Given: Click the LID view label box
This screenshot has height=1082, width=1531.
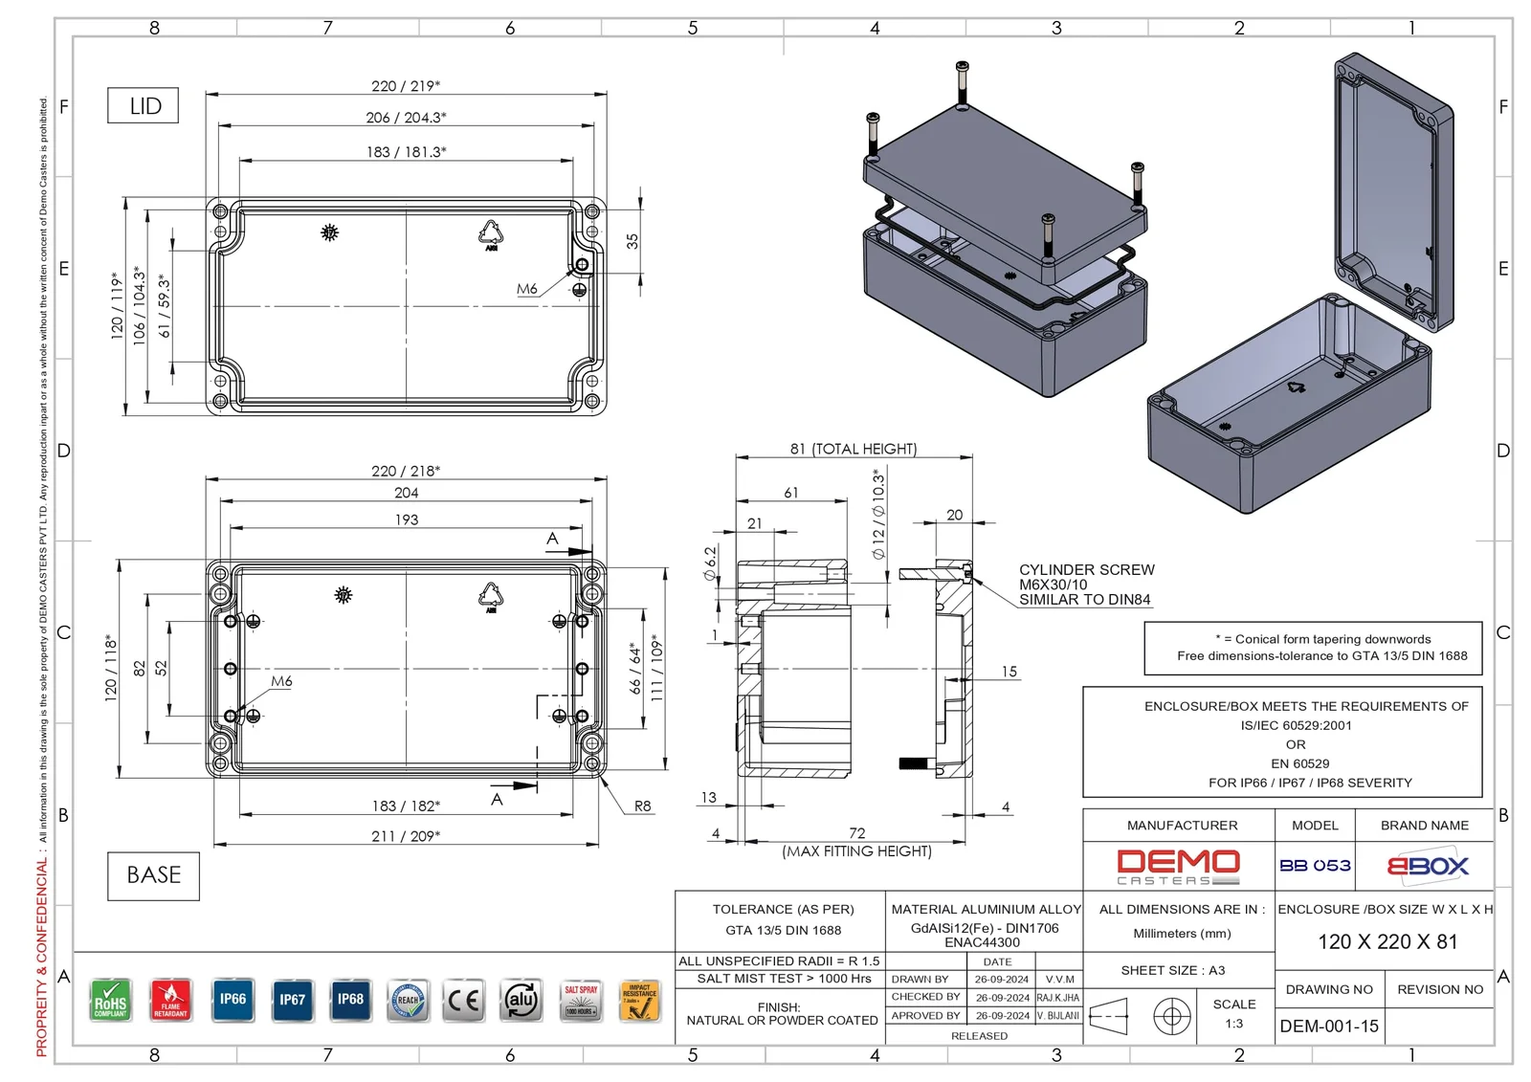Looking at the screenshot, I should click(x=144, y=106).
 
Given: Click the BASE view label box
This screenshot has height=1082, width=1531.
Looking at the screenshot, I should click(x=153, y=875).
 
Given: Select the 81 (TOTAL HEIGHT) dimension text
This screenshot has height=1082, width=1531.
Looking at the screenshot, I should click(x=853, y=449).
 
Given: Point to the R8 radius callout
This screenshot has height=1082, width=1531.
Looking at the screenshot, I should click(x=643, y=806).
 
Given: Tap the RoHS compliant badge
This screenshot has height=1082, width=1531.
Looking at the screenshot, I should click(x=110, y=1001).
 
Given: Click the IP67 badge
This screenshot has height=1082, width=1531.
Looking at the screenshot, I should click(x=292, y=1001).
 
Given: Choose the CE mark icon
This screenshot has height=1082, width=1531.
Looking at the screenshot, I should click(x=464, y=1001).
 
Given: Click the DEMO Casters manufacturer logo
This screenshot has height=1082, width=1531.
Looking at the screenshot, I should click(x=1178, y=867).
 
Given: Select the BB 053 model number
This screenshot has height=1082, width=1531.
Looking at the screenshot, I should click(x=1315, y=866).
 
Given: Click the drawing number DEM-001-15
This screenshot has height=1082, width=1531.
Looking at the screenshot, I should click(x=1329, y=1027).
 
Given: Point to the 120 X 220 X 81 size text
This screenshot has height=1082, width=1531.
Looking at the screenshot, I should click(x=1387, y=942).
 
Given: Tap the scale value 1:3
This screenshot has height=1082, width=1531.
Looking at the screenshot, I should click(x=1234, y=1024).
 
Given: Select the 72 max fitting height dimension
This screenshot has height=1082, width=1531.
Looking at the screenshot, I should click(x=856, y=833).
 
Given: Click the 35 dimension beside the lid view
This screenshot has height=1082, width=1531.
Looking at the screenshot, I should click(x=632, y=241).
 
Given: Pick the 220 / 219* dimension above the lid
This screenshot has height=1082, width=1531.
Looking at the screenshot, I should click(x=406, y=86).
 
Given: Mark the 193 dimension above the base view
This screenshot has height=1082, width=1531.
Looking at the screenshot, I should click(x=407, y=520).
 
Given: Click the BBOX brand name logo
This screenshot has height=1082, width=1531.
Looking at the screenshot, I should click(x=1427, y=867).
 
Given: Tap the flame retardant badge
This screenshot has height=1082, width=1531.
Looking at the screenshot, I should click(x=170, y=1001).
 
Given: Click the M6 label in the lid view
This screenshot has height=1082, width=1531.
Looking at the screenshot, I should click(x=526, y=289).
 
